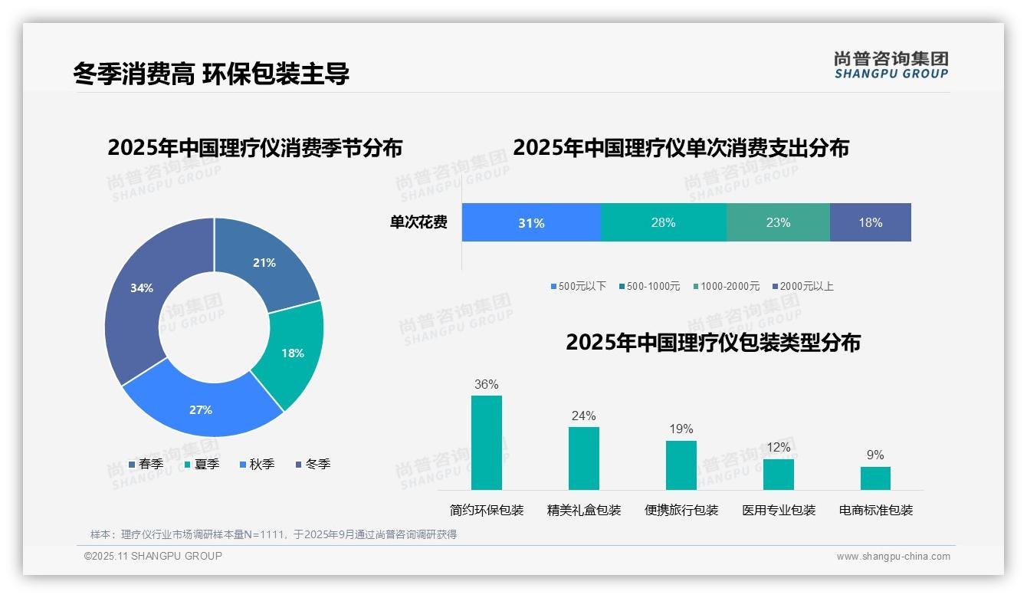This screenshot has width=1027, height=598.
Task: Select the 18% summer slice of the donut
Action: [x=294, y=353]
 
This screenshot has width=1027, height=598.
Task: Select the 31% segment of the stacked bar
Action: [x=531, y=223]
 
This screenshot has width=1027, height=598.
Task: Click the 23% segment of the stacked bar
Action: [x=778, y=223]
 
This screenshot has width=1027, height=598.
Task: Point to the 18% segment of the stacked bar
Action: [x=871, y=223]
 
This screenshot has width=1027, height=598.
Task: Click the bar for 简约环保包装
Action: [x=487, y=442]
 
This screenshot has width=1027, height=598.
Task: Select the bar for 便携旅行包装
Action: [x=681, y=465]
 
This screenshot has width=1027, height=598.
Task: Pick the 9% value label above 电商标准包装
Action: [x=875, y=455]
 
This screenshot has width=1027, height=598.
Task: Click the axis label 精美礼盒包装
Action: [x=584, y=510]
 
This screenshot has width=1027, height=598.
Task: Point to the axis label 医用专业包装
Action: [x=779, y=510]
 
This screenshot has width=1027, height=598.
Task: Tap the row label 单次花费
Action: [x=418, y=223]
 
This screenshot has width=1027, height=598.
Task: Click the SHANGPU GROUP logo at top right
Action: [x=891, y=65]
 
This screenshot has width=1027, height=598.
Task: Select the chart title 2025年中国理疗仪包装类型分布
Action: [x=713, y=343]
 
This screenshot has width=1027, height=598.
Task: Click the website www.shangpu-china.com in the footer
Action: [x=893, y=557]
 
